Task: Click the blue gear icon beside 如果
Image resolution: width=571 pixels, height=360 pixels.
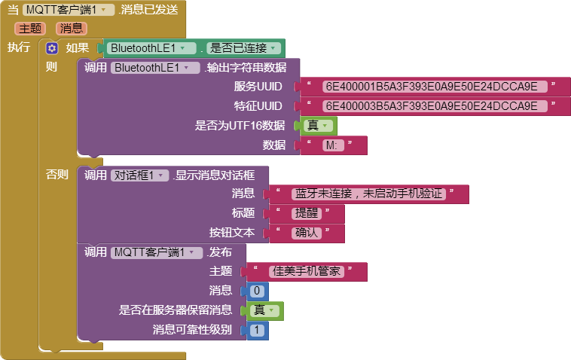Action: [x=52, y=48]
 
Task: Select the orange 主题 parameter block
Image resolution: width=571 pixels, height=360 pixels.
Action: [x=30, y=29]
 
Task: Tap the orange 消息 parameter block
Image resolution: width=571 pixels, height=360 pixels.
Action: [x=72, y=29]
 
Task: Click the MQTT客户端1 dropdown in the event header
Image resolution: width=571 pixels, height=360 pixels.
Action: [x=69, y=10]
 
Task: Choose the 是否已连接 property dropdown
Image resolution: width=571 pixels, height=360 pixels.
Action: [x=243, y=48]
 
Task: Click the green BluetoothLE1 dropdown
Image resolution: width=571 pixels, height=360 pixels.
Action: [x=151, y=48]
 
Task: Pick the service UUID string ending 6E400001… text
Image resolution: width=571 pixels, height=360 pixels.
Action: [x=435, y=87]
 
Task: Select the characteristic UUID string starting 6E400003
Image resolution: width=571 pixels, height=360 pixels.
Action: [x=435, y=106]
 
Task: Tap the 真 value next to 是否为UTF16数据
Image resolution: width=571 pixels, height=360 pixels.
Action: [x=318, y=126]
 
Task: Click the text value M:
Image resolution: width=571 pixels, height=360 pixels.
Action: [x=333, y=145]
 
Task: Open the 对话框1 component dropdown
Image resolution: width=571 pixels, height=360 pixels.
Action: [x=140, y=175]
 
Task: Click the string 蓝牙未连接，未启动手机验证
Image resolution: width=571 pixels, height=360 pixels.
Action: [x=368, y=194]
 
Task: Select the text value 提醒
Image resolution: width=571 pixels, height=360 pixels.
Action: [x=307, y=213]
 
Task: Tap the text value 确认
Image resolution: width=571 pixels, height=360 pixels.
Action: [x=307, y=233]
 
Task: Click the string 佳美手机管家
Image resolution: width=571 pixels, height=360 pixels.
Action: [x=307, y=272]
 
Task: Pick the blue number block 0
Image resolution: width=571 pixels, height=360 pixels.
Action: [x=258, y=291]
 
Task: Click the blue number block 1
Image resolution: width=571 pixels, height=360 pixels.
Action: [x=258, y=330]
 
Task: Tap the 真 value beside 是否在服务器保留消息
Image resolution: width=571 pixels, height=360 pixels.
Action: [x=264, y=310]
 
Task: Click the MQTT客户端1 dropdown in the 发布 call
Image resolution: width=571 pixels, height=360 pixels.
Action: [x=157, y=252]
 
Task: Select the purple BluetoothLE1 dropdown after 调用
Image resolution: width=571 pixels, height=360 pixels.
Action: [x=155, y=68]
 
